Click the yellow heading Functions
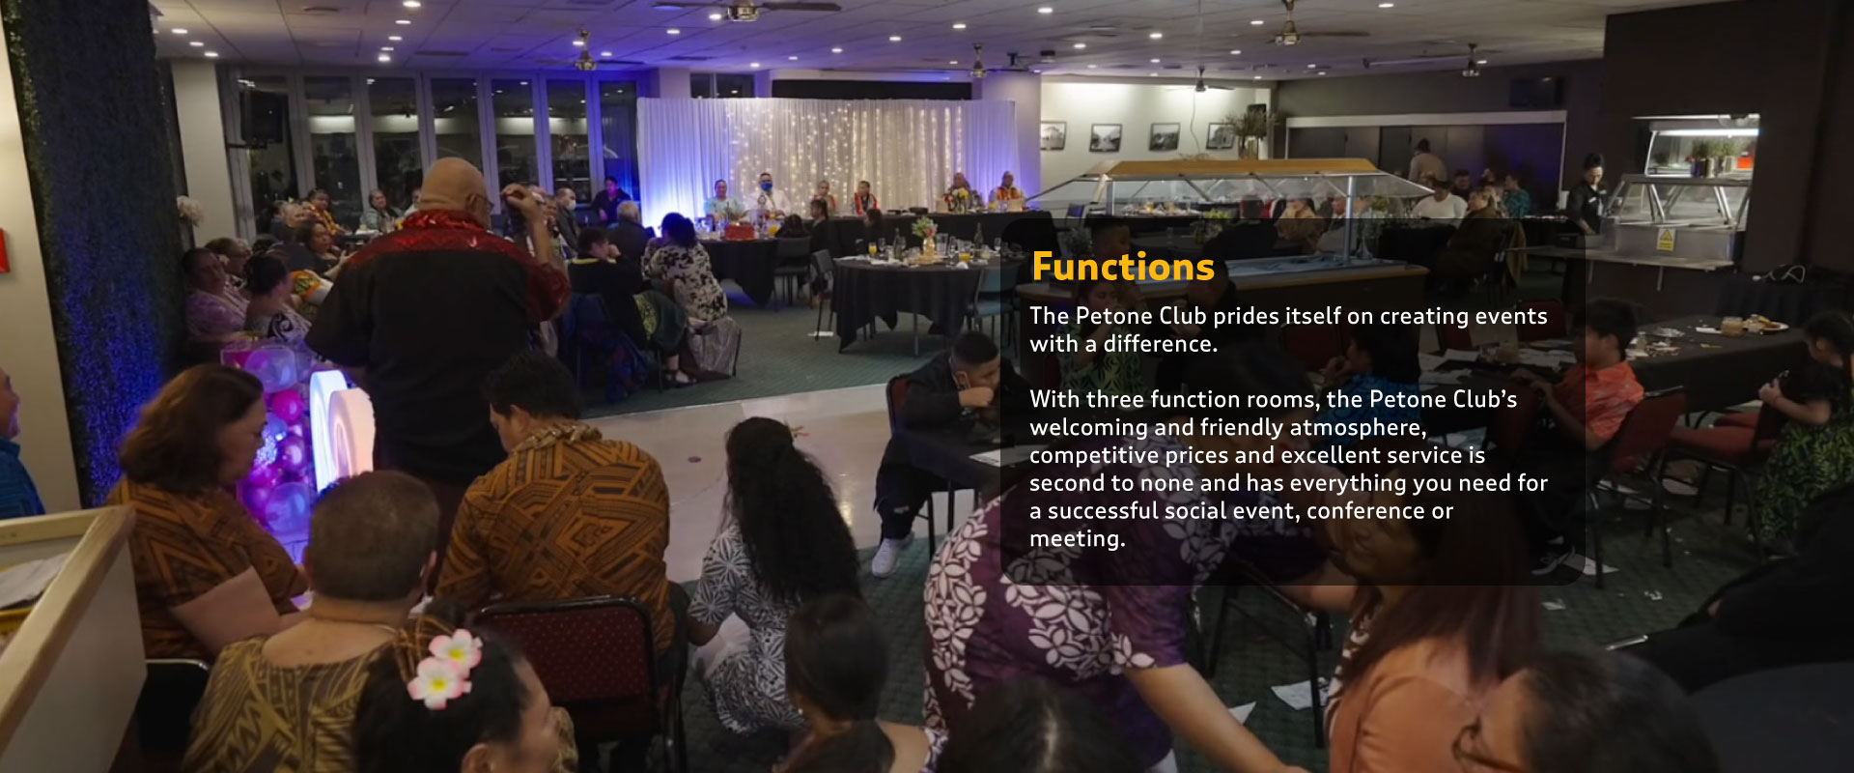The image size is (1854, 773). (1122, 267)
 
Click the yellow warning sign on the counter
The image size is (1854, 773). (1665, 239)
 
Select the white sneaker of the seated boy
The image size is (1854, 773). (888, 555)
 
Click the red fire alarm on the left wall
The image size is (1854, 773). (3, 251)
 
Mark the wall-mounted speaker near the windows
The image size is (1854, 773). (262, 117)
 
